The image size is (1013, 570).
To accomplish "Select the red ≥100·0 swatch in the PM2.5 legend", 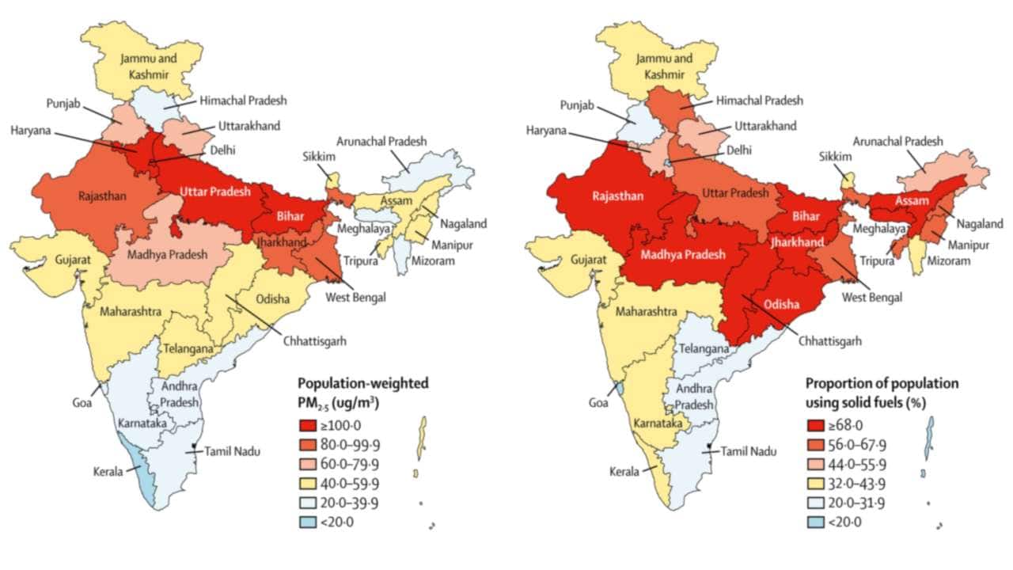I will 309,426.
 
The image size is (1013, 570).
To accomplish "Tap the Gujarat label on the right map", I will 586,260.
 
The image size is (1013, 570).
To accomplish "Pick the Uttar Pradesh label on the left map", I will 214,192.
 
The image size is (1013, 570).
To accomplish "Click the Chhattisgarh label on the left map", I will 315,341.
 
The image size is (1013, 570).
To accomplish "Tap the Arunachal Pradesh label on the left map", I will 381,142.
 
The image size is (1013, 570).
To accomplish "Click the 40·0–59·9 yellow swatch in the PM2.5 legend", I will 309,483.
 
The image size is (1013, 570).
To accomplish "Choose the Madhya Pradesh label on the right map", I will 682,255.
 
